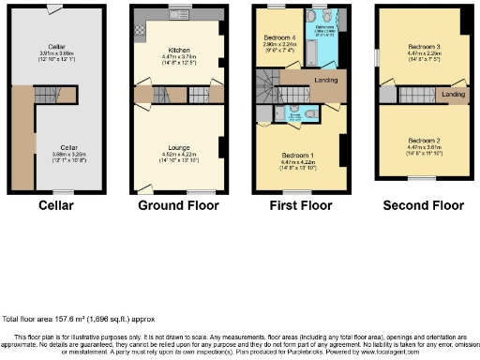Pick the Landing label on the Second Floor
[454, 95]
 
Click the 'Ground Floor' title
[178, 204]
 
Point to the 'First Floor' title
[300, 204]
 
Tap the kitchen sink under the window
[178, 16]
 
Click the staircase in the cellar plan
[46, 93]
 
